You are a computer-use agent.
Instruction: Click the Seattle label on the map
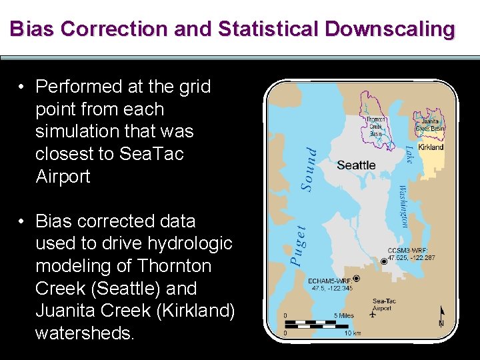point(356,165)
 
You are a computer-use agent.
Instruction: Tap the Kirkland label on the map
point(430,147)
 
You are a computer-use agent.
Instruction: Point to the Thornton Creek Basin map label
point(375,127)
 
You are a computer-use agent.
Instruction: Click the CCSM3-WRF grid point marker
point(383,262)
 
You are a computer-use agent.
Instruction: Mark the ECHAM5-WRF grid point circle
point(356,278)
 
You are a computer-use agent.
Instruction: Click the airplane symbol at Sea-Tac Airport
point(371,315)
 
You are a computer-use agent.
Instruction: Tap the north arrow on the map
point(441,315)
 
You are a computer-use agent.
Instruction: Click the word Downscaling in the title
point(390,29)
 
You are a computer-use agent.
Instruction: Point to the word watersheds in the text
point(85,333)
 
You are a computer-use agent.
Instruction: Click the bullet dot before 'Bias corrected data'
point(23,221)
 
